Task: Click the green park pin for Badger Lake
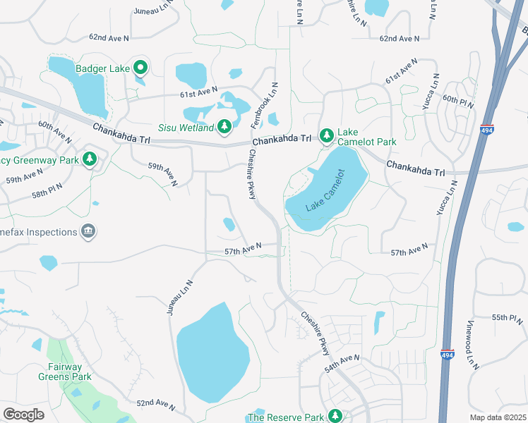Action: pos(140,68)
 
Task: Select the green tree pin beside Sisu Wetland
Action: pos(224,126)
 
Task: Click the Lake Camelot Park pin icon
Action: pos(326,135)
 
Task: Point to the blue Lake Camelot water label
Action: pos(325,190)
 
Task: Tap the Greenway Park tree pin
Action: pos(89,159)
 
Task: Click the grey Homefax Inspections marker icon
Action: pos(88,232)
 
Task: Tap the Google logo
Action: pos(23,415)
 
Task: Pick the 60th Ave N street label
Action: pos(55,128)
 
